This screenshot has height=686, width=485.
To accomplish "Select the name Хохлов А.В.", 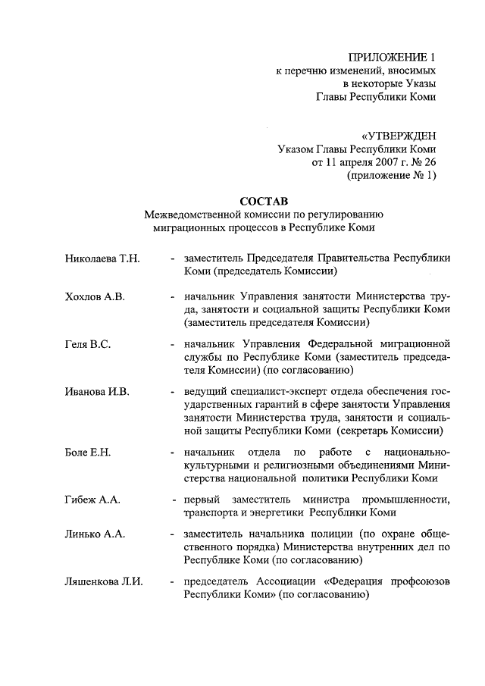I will pyautogui.click(x=94, y=296).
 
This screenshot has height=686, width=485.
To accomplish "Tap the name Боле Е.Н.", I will pyautogui.click(x=88, y=453).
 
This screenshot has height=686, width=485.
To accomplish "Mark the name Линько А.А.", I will pyautogui.click(x=95, y=534).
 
